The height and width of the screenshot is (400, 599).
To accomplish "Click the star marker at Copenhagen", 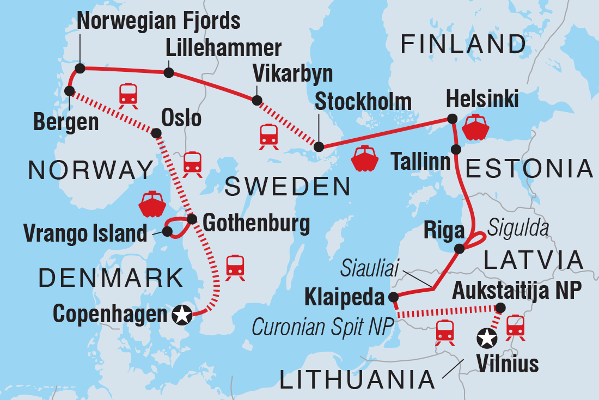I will [181, 314].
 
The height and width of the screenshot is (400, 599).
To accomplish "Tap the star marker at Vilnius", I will [486, 339].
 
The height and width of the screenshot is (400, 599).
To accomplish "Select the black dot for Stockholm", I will [319, 146].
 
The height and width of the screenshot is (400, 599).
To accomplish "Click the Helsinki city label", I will [481, 100].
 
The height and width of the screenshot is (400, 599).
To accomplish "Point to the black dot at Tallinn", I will [456, 149].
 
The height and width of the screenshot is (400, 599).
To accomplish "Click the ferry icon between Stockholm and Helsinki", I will [364, 158].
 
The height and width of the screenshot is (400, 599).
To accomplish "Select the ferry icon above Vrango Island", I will [152, 204].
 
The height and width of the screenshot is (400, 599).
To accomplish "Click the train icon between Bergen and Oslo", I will [129, 94].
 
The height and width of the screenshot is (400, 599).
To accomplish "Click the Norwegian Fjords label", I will [159, 21].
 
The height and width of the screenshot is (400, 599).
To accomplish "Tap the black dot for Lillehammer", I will [169, 72].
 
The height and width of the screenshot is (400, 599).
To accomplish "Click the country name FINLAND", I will [463, 44].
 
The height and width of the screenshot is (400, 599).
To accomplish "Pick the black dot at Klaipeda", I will [393, 297].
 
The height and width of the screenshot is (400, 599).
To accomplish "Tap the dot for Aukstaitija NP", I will [500, 308].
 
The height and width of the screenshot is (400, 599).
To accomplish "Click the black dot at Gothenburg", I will [192, 219].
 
